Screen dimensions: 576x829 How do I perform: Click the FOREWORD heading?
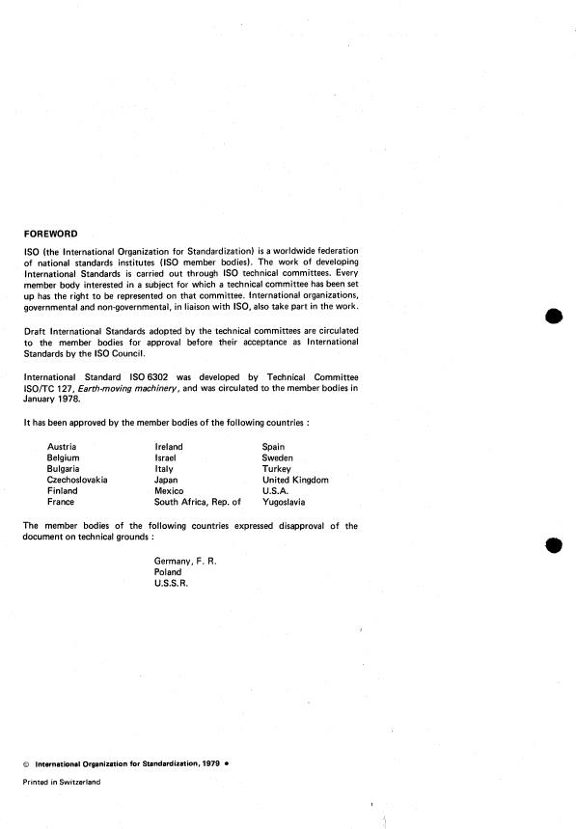tap(52, 233)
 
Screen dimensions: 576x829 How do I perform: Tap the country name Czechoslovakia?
tap(77, 480)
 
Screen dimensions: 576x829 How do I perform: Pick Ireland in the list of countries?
tap(169, 448)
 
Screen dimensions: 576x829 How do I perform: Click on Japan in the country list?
tap(166, 480)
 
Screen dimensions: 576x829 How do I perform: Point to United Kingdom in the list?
tap(295, 480)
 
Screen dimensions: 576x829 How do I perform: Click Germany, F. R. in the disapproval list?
tap(185, 561)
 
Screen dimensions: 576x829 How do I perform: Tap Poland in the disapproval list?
tap(168, 572)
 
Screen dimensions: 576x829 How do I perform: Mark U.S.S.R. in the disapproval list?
tap(174, 584)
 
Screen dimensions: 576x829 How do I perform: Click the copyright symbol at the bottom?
tap(26, 763)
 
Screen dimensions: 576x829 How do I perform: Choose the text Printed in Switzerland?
tap(61, 782)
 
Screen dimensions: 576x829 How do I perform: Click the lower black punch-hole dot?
tap(553, 544)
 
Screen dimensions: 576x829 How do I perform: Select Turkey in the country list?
tap(276, 469)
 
